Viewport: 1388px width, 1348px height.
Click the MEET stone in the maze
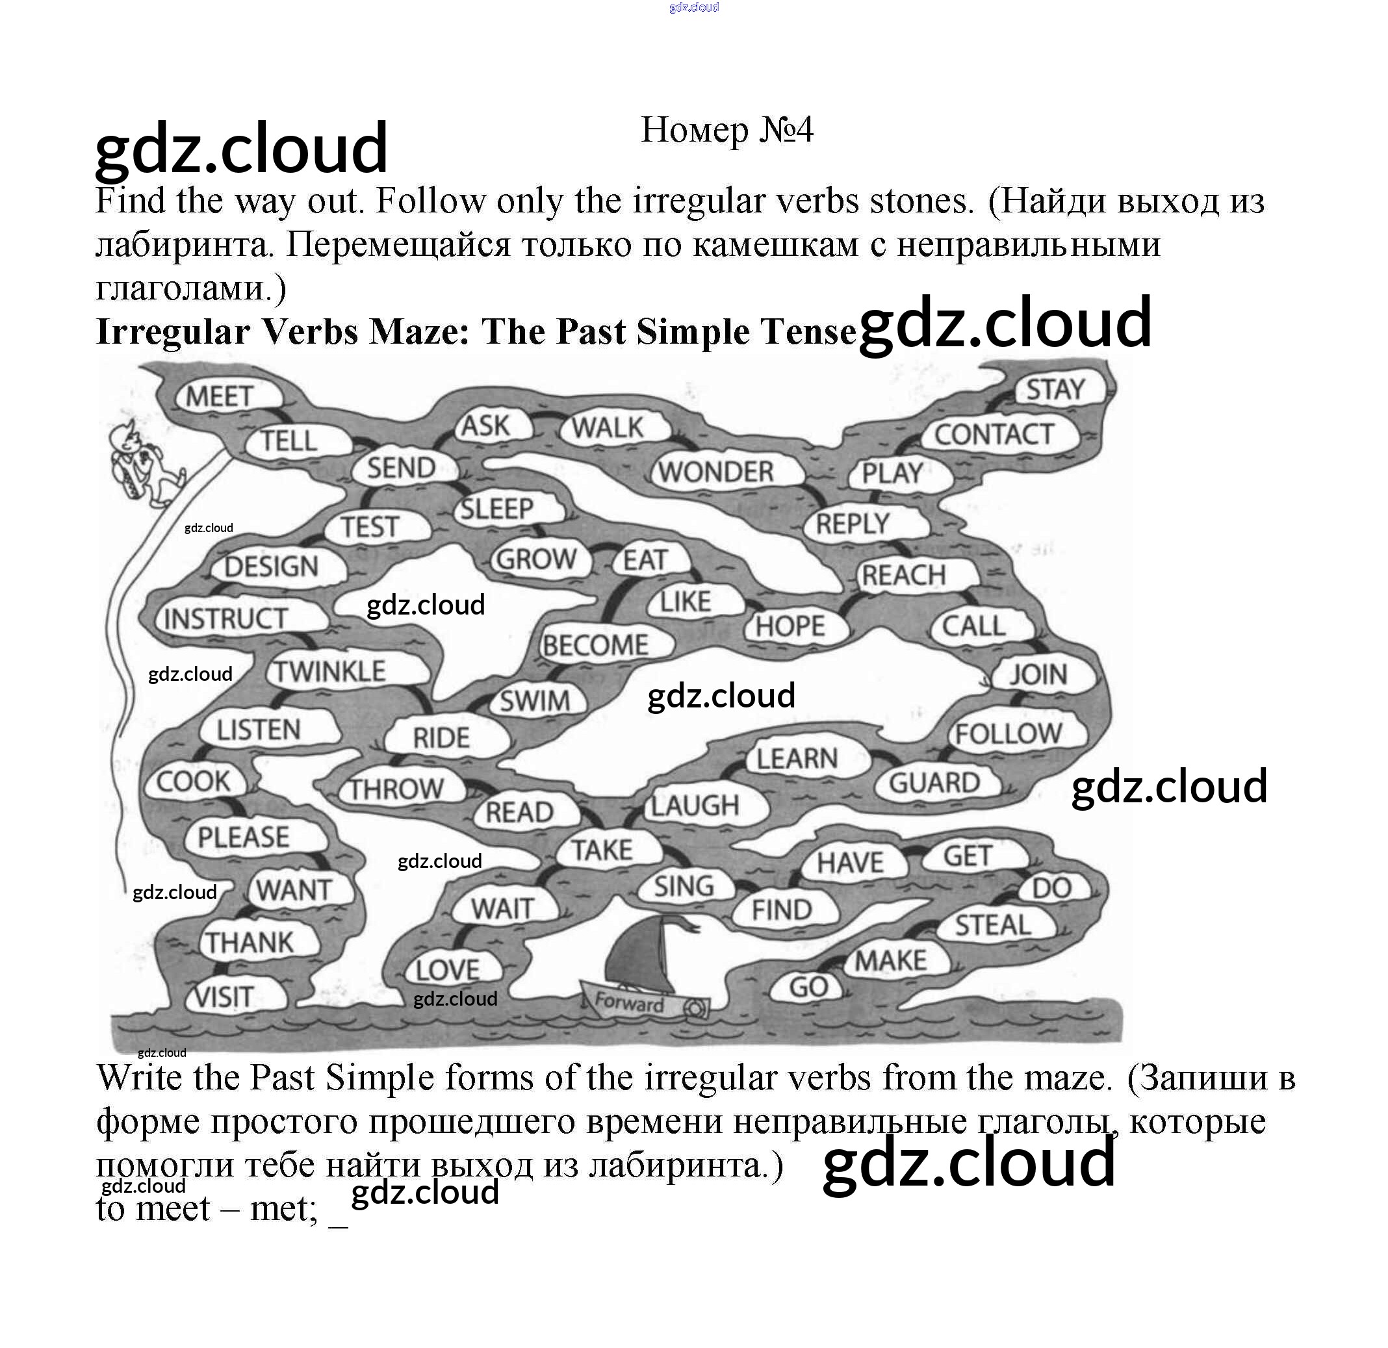coord(220,396)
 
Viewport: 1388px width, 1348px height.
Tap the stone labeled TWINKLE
coord(331,671)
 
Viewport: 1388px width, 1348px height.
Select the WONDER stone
coord(716,472)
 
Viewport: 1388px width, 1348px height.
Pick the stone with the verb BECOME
coord(595,645)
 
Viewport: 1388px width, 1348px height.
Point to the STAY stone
coord(1055,389)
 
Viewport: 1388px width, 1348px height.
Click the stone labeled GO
coord(808,986)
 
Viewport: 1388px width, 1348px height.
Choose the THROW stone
coord(396,789)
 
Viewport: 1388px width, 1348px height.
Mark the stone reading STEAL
coord(992,924)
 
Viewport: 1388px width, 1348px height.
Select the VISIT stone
coord(224,997)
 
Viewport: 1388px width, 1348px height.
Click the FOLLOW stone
coord(1009,733)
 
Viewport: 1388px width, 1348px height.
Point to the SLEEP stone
coord(497,509)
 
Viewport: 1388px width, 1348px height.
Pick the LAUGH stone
coord(695,805)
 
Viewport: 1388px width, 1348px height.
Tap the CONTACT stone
coord(994,434)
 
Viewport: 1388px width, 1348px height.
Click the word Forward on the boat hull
coord(628,1002)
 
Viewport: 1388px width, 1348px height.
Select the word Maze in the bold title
coord(419,331)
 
